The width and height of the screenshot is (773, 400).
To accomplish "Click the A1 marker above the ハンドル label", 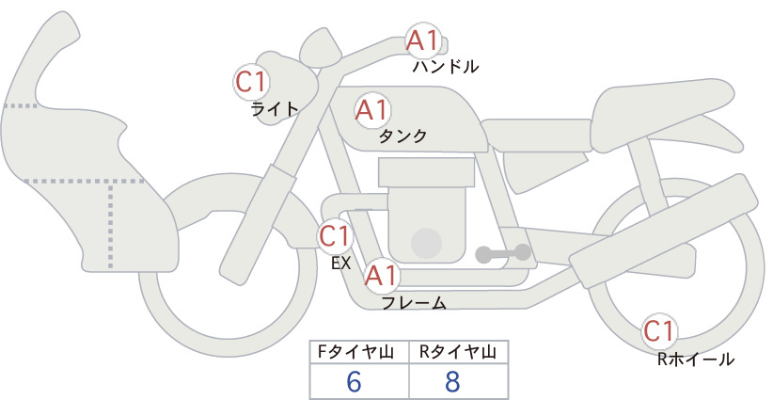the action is tap(423, 40).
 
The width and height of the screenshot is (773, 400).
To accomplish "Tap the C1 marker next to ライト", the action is tap(251, 83).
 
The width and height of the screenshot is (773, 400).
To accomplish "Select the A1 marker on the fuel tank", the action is tap(372, 110).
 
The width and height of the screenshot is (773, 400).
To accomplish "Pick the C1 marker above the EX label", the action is tap(335, 236).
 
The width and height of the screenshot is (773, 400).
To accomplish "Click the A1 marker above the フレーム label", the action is tap(381, 276).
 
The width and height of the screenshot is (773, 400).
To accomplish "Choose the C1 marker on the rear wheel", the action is tap(659, 331).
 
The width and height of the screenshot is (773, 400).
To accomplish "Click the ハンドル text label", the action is tap(446, 66).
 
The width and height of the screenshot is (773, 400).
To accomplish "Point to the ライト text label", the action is tap(275, 108).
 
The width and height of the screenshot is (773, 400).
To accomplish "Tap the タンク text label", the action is tap(402, 136).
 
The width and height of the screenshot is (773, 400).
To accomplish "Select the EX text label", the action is tap(341, 264).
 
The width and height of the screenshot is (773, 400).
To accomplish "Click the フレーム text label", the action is tap(414, 303).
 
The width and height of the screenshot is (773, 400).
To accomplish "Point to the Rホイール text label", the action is tap(696, 360).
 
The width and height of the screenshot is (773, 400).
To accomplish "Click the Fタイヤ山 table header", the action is tap(355, 352).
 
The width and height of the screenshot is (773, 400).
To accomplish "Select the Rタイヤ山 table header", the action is tap(458, 352).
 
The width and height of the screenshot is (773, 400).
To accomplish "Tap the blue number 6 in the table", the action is tap(354, 381).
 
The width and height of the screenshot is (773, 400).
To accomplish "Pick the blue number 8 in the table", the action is tap(452, 381).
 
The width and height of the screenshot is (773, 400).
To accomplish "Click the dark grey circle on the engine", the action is tap(426, 243).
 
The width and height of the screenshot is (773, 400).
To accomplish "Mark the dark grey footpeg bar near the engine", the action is tap(503, 254).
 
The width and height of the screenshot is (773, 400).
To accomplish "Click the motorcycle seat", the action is tap(662, 115).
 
